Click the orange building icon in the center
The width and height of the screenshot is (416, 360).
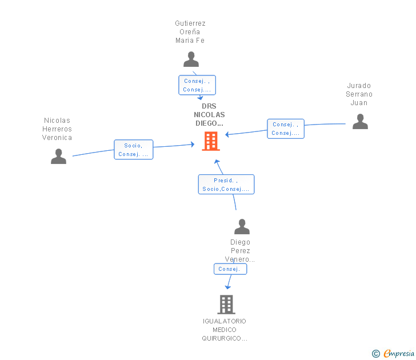(211, 141)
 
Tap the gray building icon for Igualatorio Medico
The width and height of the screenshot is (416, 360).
(226, 305)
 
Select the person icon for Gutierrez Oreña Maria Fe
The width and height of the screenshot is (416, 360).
(191, 59)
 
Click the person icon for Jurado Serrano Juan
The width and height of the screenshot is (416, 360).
(360, 122)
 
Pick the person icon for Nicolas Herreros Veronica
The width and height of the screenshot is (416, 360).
(59, 156)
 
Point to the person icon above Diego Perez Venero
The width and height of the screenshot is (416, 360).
(242, 226)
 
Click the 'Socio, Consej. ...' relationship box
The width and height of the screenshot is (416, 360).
(134, 150)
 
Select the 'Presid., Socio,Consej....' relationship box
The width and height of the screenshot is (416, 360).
(226, 185)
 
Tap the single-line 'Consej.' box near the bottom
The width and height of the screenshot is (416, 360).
(230, 269)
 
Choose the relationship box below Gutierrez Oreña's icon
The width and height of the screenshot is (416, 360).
(197, 85)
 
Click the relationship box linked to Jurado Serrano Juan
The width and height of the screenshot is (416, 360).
(286, 129)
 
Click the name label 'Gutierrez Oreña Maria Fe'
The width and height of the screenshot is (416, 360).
(190, 32)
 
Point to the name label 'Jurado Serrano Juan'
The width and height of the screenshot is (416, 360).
(359, 94)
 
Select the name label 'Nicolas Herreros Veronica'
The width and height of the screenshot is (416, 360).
(57, 129)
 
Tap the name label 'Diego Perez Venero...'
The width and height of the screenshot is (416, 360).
(240, 251)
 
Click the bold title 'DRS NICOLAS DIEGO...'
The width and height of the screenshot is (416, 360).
(209, 115)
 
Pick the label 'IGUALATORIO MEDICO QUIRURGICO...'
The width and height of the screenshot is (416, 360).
(225, 330)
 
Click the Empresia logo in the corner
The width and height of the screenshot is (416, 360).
(399, 353)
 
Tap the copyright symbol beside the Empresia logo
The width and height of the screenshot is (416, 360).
(375, 354)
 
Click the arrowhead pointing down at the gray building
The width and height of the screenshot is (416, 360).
(227, 287)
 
